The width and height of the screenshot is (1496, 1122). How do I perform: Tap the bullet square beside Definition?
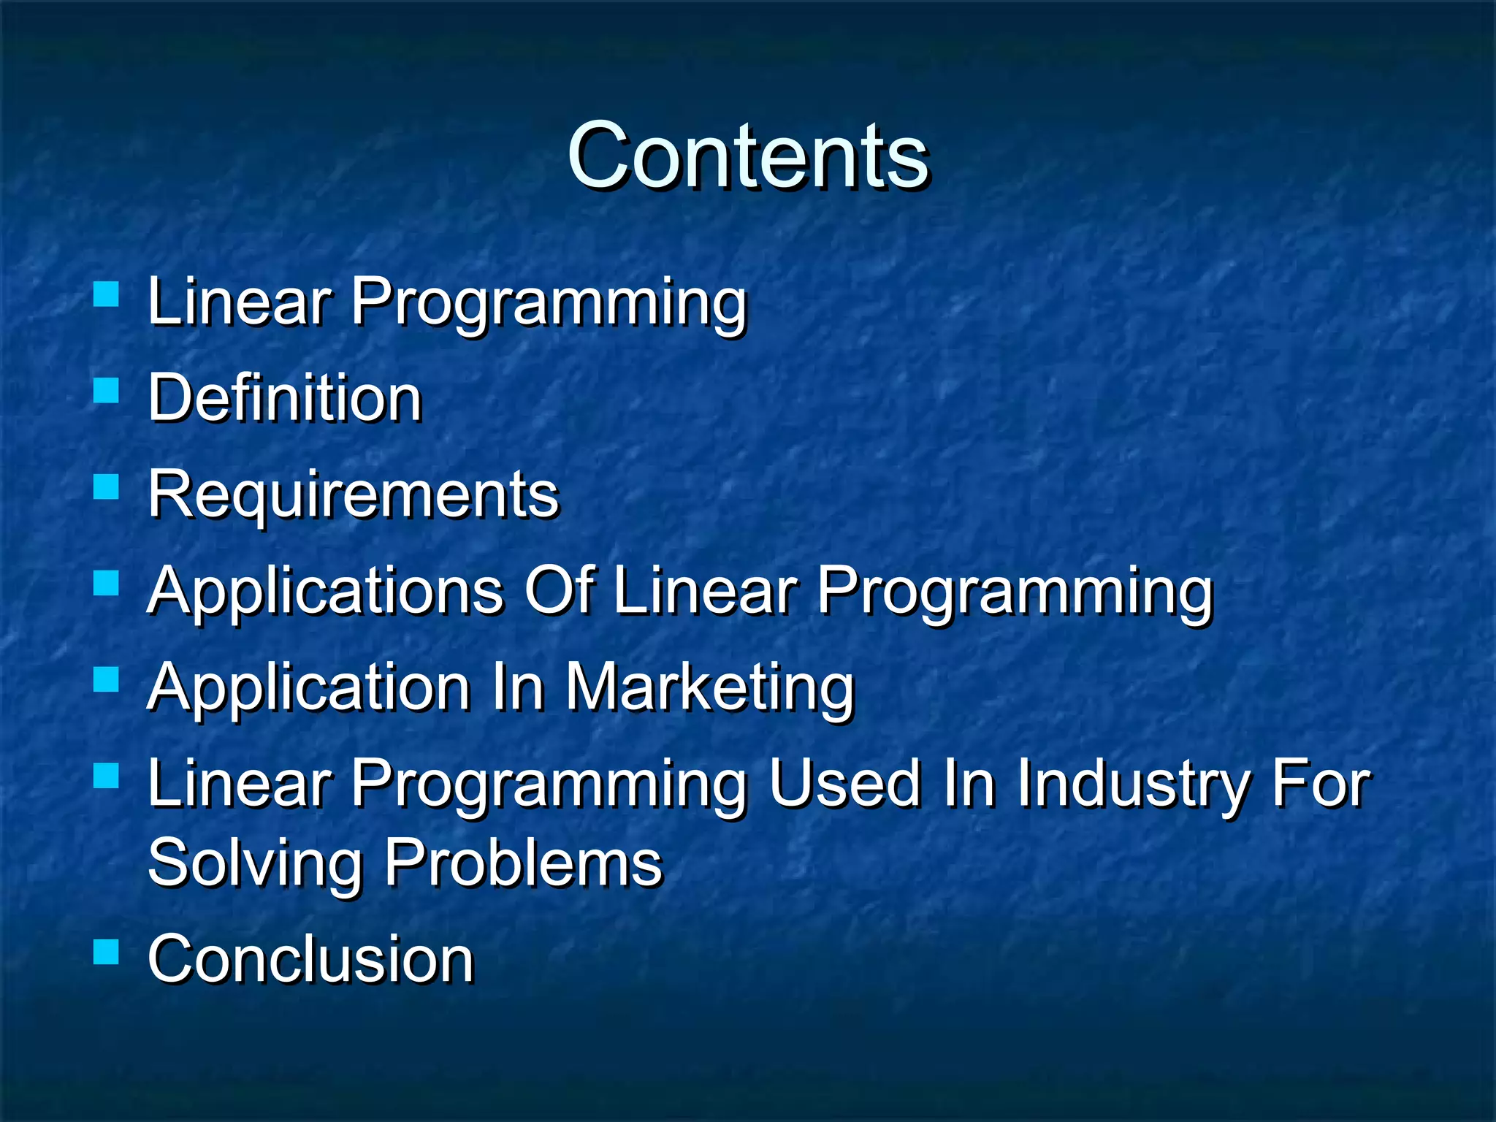(107, 391)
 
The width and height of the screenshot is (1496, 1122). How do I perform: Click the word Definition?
(285, 398)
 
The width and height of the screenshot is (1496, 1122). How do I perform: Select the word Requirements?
(353, 495)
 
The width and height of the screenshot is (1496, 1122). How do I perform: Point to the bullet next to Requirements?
(107, 487)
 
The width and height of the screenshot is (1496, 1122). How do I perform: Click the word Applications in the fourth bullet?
(325, 591)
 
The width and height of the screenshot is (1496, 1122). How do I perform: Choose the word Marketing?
(709, 688)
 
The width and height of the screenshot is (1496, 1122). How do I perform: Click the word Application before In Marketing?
(308, 688)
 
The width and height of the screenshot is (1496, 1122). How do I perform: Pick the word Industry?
(1133, 785)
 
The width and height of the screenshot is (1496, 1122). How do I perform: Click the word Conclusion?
(310, 959)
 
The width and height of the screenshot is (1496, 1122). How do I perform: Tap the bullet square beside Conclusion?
(107, 953)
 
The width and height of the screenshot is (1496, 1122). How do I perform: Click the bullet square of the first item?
(107, 294)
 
